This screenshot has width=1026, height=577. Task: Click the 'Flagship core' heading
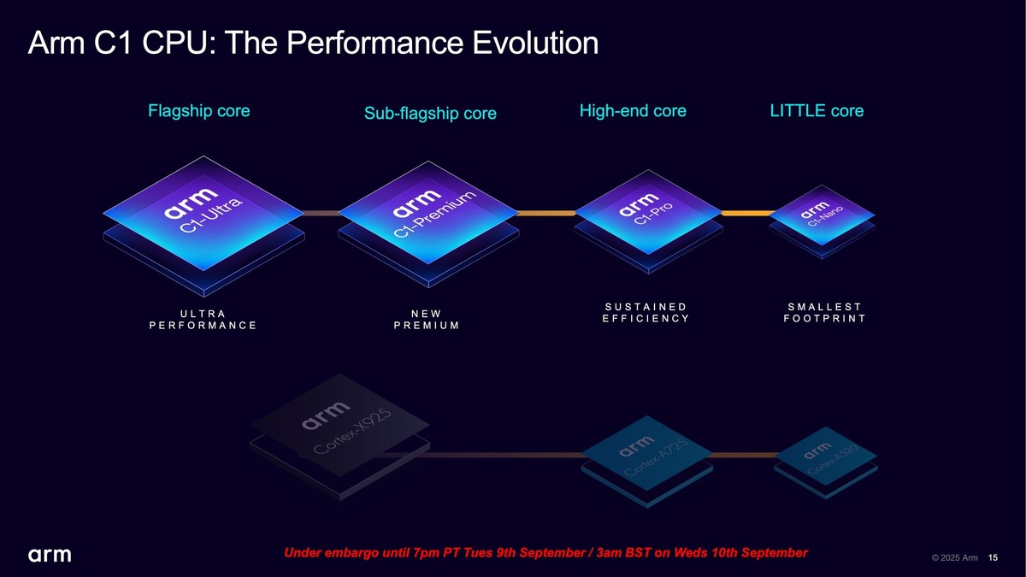click(199, 111)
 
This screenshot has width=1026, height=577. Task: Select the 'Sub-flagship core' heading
click(430, 114)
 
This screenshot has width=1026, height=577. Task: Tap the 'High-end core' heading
click(633, 111)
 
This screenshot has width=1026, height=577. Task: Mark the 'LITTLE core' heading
click(817, 111)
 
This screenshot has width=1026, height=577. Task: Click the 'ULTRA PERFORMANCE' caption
click(203, 319)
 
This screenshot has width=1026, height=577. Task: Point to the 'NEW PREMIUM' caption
click(427, 319)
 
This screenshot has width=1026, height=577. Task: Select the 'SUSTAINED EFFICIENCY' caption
click(646, 313)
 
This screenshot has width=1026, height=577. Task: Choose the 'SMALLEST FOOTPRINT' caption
click(824, 313)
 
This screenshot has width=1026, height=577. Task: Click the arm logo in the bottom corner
click(50, 556)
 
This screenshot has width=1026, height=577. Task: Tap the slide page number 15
click(993, 558)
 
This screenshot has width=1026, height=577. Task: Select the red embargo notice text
click(545, 553)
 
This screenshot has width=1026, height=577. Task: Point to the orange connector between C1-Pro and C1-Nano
click(744, 213)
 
